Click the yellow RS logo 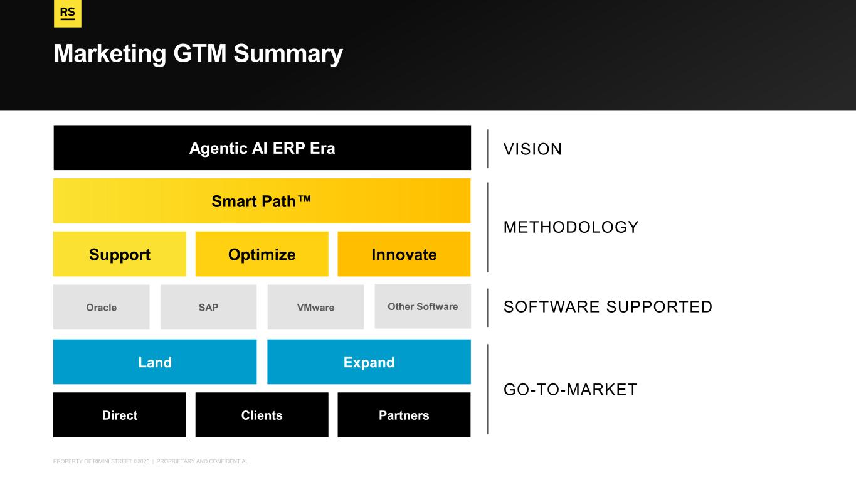68,13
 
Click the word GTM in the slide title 199,53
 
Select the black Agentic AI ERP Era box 262,147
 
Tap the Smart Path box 262,201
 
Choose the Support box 120,254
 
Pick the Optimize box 262,254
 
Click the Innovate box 404,254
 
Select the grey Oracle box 101,307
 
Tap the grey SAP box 208,307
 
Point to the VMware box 315,307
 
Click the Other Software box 423,306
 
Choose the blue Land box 155,362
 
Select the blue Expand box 369,362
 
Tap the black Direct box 120,415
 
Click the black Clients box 262,415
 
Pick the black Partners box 404,415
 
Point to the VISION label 532,149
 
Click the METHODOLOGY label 571,227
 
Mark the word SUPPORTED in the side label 659,307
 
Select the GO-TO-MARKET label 571,390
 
